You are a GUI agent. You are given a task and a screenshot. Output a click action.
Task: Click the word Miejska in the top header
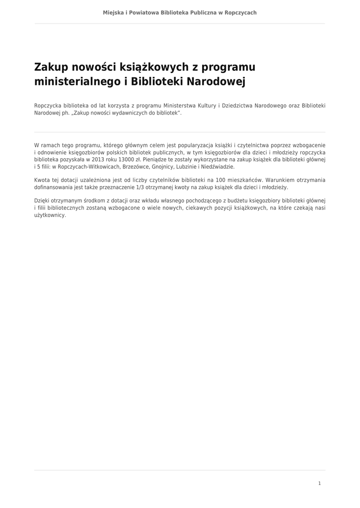pyautogui.click(x=112, y=12)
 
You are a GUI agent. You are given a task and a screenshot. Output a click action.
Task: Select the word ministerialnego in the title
pyautogui.click(x=76, y=81)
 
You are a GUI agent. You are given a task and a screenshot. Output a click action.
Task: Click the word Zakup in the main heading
pyautogui.click(x=51, y=66)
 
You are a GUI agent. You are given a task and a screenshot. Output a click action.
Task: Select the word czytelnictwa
pyautogui.click(x=259, y=145)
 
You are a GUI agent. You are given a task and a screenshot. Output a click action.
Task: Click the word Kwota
pyautogui.click(x=43, y=180)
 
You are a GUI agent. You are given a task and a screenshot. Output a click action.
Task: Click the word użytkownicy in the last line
pyautogui.click(x=50, y=215)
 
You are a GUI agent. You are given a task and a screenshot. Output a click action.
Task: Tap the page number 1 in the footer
pyautogui.click(x=319, y=483)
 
